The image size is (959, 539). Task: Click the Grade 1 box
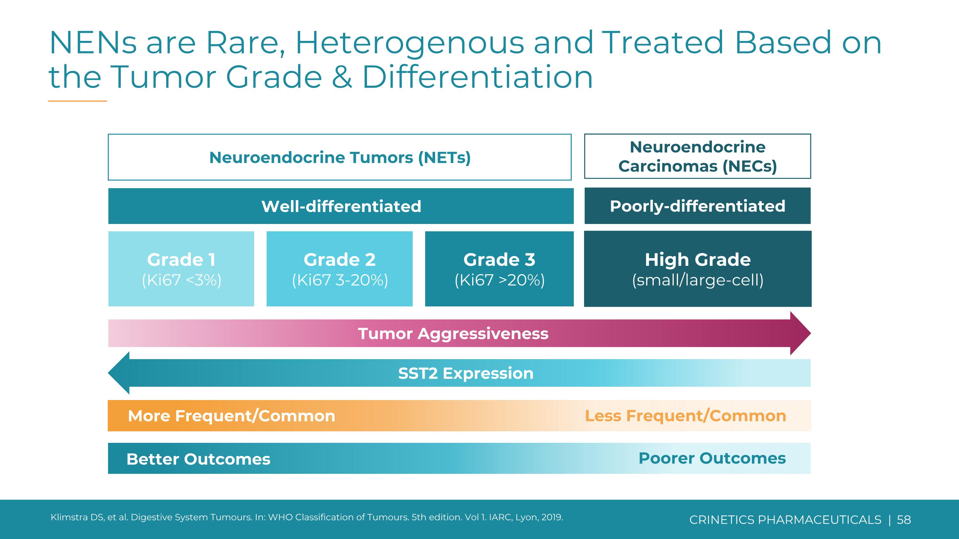point(181,269)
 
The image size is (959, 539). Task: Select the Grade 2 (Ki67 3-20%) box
point(339,269)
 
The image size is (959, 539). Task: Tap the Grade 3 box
point(499,269)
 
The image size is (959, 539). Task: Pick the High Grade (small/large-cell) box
point(698,269)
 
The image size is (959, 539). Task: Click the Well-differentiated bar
point(341,206)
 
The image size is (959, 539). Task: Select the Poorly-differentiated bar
point(697,206)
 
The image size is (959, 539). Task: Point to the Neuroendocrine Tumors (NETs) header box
point(339,157)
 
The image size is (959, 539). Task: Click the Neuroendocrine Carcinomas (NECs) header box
point(697,156)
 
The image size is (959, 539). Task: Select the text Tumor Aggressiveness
point(453,334)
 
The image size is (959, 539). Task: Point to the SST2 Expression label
point(466,373)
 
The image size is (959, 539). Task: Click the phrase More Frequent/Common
point(231,416)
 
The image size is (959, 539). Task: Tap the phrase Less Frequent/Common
point(685,416)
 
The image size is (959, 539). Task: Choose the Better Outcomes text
point(199,459)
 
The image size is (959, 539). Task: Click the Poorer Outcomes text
point(712,458)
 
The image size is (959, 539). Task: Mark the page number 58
point(904,520)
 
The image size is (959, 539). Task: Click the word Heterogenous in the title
point(409,43)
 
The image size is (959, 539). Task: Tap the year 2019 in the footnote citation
point(552,517)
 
